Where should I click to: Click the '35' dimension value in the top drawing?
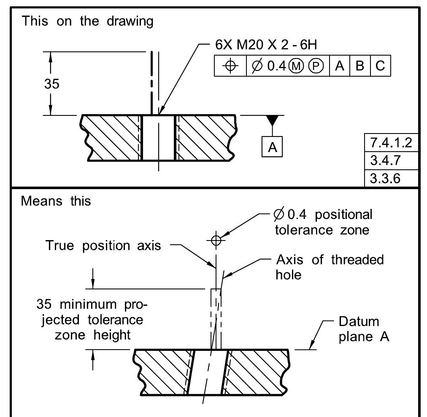pyautogui.click(x=52, y=83)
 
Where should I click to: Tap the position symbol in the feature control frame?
pyautogui.click(x=230, y=67)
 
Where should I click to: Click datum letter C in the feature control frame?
pyautogui.click(x=380, y=67)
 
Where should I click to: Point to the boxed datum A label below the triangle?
pyautogui.click(x=273, y=147)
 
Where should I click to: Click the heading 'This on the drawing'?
pyautogui.click(x=87, y=21)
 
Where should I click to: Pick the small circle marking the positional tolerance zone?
pyautogui.click(x=216, y=240)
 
